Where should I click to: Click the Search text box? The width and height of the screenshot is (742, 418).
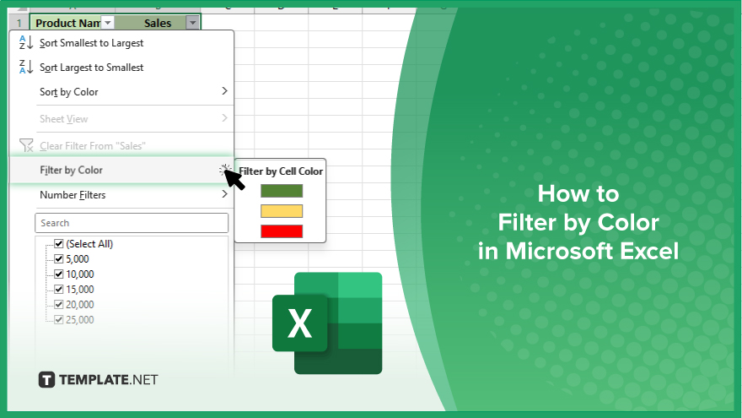(x=132, y=223)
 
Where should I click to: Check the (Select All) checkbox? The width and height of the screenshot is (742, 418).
(x=59, y=244)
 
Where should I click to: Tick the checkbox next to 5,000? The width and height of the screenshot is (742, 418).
(x=59, y=259)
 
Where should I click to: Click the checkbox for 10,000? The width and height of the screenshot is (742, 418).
(x=59, y=274)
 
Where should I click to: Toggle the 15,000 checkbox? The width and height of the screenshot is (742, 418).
(x=59, y=290)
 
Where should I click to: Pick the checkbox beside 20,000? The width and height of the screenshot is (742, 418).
(x=59, y=305)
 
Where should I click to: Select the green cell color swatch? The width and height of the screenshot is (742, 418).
(x=282, y=191)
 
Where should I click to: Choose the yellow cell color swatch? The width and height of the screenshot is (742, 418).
(x=282, y=211)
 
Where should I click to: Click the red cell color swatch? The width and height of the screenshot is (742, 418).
(x=282, y=231)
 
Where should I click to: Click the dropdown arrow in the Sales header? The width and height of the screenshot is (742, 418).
(x=192, y=23)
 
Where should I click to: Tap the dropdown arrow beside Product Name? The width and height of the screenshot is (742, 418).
(x=107, y=23)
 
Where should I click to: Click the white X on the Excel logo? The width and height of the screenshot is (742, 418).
(x=299, y=323)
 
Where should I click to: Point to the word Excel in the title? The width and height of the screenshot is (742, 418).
(x=649, y=251)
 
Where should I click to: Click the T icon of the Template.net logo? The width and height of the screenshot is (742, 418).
(x=46, y=380)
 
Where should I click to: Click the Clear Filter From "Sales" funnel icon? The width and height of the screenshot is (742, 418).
(x=26, y=145)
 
